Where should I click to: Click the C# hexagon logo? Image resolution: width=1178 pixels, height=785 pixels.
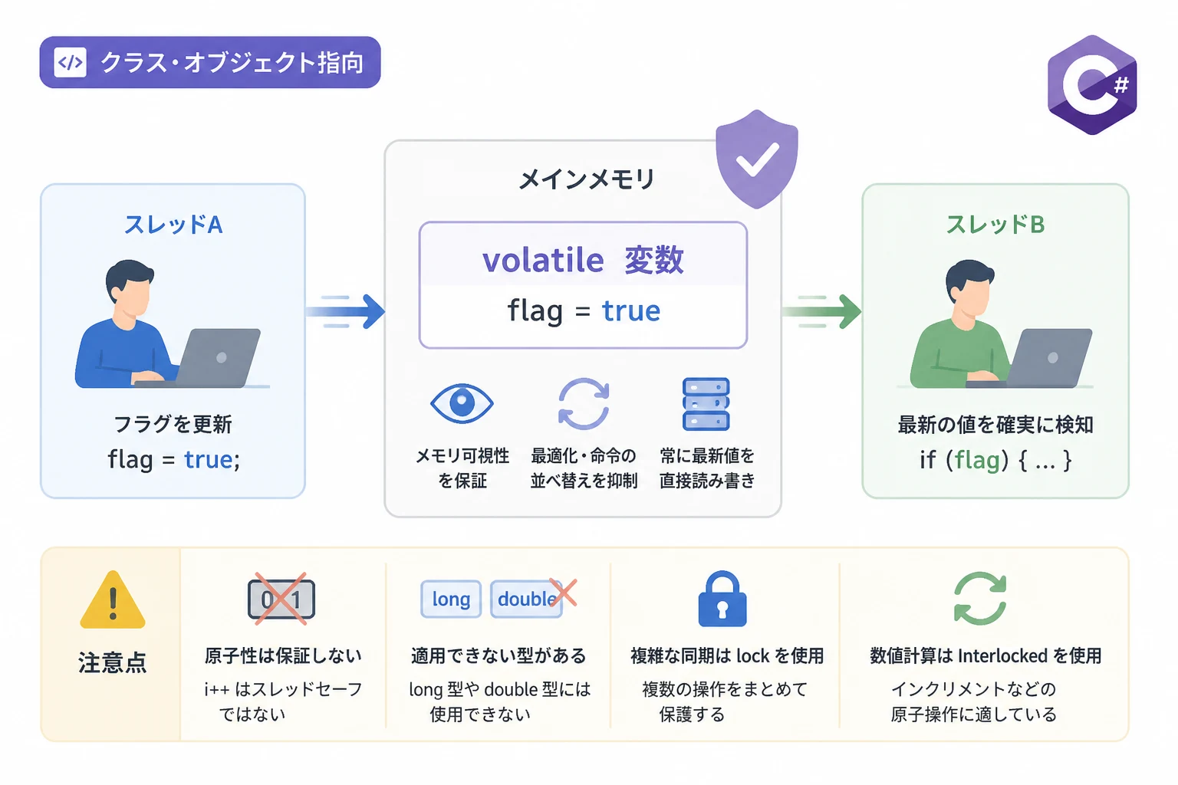[1092, 84]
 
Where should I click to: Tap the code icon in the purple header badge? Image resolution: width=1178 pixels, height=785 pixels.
[70, 63]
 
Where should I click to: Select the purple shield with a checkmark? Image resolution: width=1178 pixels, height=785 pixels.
[757, 159]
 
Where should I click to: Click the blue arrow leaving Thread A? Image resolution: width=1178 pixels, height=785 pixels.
[346, 311]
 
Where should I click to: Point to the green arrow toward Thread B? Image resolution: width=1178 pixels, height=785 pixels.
[821, 311]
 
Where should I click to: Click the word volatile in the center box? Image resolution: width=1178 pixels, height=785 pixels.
[543, 260]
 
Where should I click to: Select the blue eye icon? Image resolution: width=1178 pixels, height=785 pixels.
[462, 403]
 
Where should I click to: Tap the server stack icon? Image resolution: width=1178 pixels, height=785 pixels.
[706, 404]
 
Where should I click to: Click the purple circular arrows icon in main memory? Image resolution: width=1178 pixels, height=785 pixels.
[584, 404]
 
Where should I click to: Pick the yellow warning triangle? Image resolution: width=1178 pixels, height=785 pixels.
[113, 600]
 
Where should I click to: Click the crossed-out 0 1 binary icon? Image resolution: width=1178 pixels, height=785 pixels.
[281, 599]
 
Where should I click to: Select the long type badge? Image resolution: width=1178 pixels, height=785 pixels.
[451, 599]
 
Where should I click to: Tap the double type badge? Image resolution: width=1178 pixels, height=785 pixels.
[526, 599]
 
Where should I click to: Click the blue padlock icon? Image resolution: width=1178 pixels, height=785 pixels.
[722, 599]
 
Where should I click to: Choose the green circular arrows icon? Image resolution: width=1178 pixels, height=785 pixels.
[979, 599]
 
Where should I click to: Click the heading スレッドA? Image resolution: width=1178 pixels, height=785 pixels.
[173, 225]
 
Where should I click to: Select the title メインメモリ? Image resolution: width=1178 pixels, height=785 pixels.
[587, 179]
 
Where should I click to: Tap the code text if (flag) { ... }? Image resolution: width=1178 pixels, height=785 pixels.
[995, 460]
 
